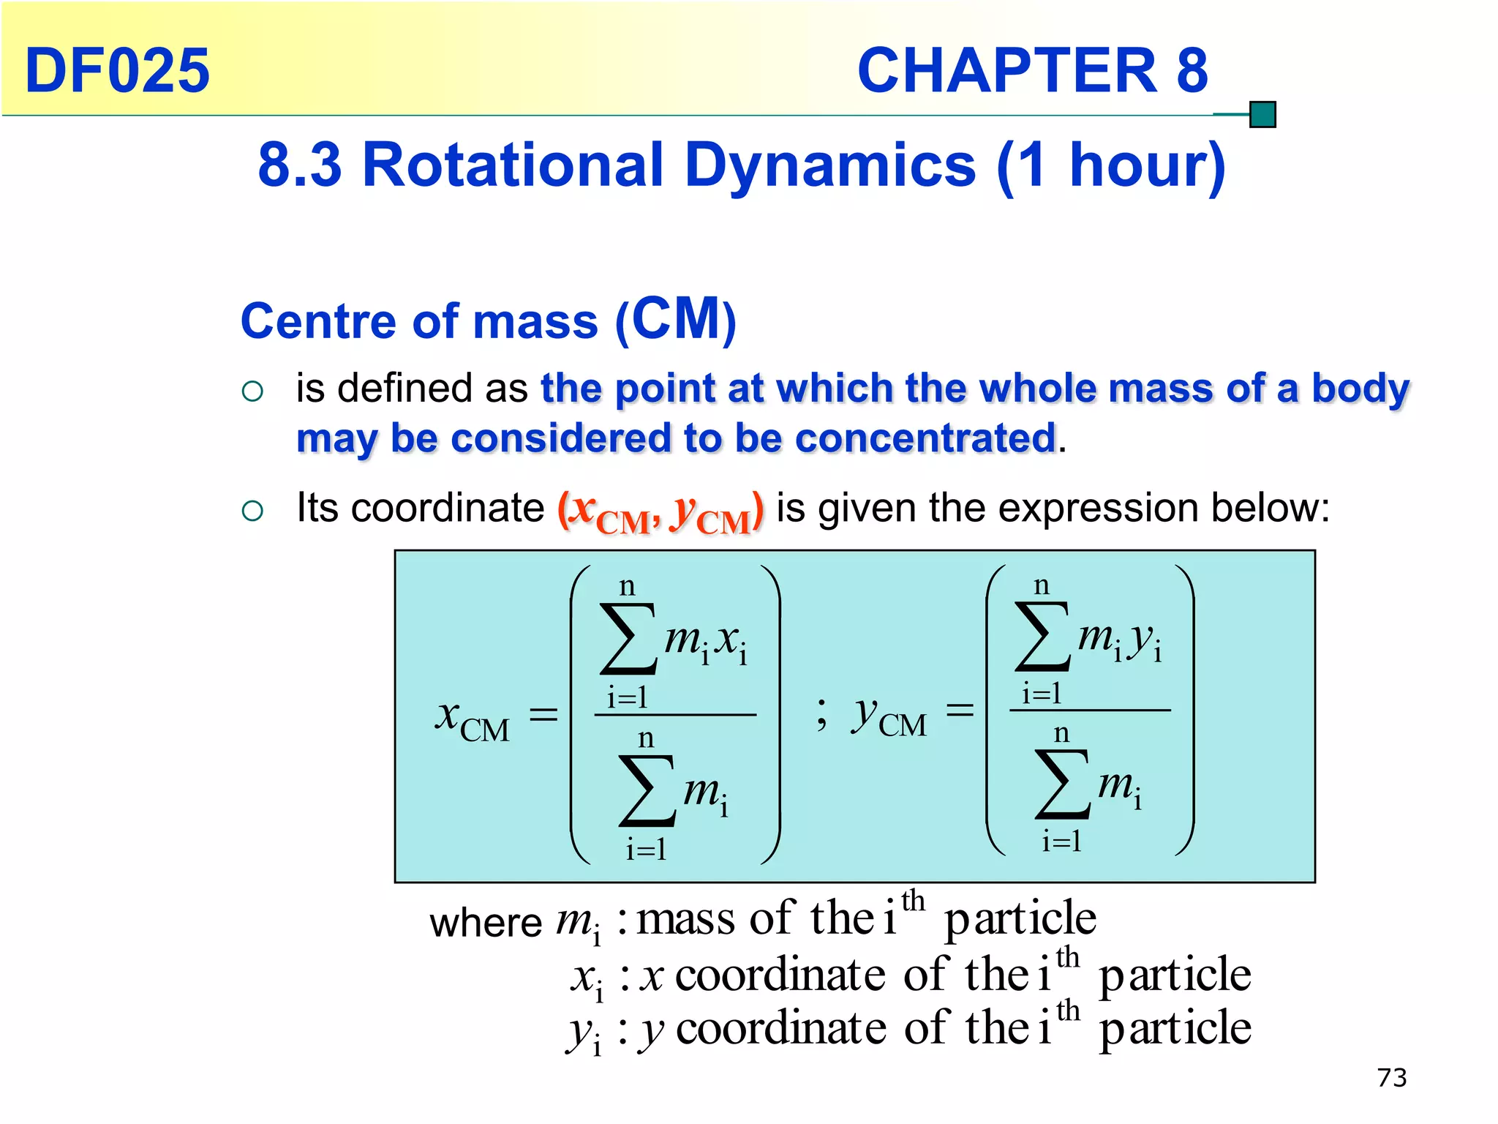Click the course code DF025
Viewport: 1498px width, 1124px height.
click(x=117, y=70)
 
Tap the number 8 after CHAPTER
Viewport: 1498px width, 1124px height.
click(x=1192, y=70)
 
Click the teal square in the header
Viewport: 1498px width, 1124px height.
click(x=1262, y=115)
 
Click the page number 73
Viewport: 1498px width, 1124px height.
click(x=1391, y=1077)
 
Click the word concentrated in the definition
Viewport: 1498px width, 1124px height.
click(x=925, y=438)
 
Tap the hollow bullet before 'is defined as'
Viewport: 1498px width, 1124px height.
click(x=252, y=391)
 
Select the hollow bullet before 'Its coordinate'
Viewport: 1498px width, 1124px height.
click(x=252, y=511)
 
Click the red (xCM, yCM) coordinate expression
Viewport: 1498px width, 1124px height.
click(x=660, y=512)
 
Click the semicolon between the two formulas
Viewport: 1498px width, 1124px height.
click(x=822, y=713)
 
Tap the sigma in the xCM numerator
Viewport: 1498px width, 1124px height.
click(x=628, y=638)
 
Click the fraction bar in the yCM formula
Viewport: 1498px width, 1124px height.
click(x=1090, y=710)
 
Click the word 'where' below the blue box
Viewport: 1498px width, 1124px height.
click(x=485, y=923)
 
